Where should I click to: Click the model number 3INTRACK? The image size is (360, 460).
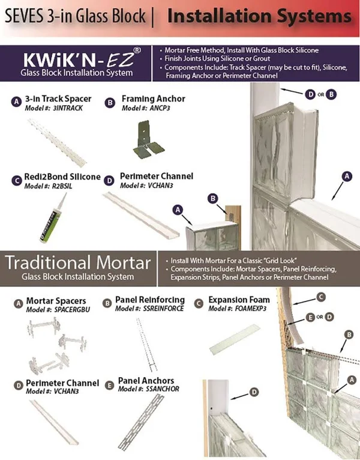coord(68,108)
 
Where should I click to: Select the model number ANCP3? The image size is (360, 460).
coord(160,108)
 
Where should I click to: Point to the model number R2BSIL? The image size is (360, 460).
coord(62,186)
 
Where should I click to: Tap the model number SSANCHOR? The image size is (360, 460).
coord(162,389)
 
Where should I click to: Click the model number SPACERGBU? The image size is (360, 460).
coord(72,310)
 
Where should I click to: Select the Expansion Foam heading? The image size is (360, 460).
coord(239,300)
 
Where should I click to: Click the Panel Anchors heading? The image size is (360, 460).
coord(146,381)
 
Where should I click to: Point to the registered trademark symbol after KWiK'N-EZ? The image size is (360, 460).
coord(137,50)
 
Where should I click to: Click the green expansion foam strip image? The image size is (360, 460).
coord(235,339)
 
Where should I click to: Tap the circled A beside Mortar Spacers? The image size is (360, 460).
coord(19,304)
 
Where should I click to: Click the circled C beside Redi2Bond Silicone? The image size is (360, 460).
coord(17,180)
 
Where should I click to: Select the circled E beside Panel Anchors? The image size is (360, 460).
coord(109,385)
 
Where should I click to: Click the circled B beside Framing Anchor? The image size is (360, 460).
coord(110,103)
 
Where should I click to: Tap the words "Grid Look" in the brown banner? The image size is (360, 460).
coord(280,261)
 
